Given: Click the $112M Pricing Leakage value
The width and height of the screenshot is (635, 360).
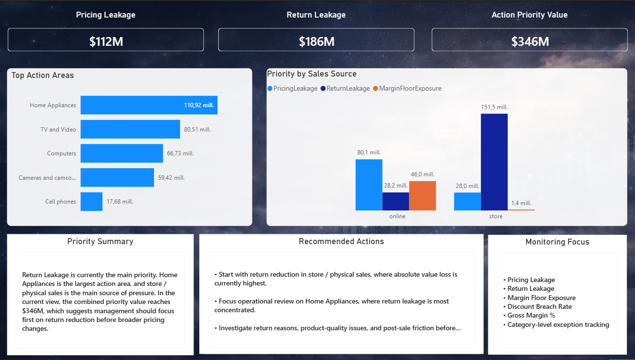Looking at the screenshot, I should (x=106, y=42).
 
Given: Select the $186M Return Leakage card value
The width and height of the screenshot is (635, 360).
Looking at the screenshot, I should (x=316, y=42).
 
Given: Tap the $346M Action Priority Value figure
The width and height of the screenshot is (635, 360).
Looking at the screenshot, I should (x=530, y=42).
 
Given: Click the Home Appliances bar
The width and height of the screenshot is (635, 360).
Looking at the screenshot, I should (x=149, y=105).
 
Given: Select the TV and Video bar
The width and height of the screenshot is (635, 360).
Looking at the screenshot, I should (x=130, y=130).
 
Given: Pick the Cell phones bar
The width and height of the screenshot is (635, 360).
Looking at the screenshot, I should (x=92, y=202).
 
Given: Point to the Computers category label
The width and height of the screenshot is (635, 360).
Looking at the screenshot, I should (x=61, y=153).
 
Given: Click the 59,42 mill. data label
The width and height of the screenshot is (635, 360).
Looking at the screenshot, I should (x=171, y=178).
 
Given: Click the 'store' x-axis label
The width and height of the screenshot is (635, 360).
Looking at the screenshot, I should (x=496, y=216).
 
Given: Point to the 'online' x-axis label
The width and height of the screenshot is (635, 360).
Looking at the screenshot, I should (x=397, y=216).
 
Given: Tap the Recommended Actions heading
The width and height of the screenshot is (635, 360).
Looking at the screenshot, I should (x=341, y=242).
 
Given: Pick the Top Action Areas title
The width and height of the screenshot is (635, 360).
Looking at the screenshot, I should (x=43, y=76).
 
